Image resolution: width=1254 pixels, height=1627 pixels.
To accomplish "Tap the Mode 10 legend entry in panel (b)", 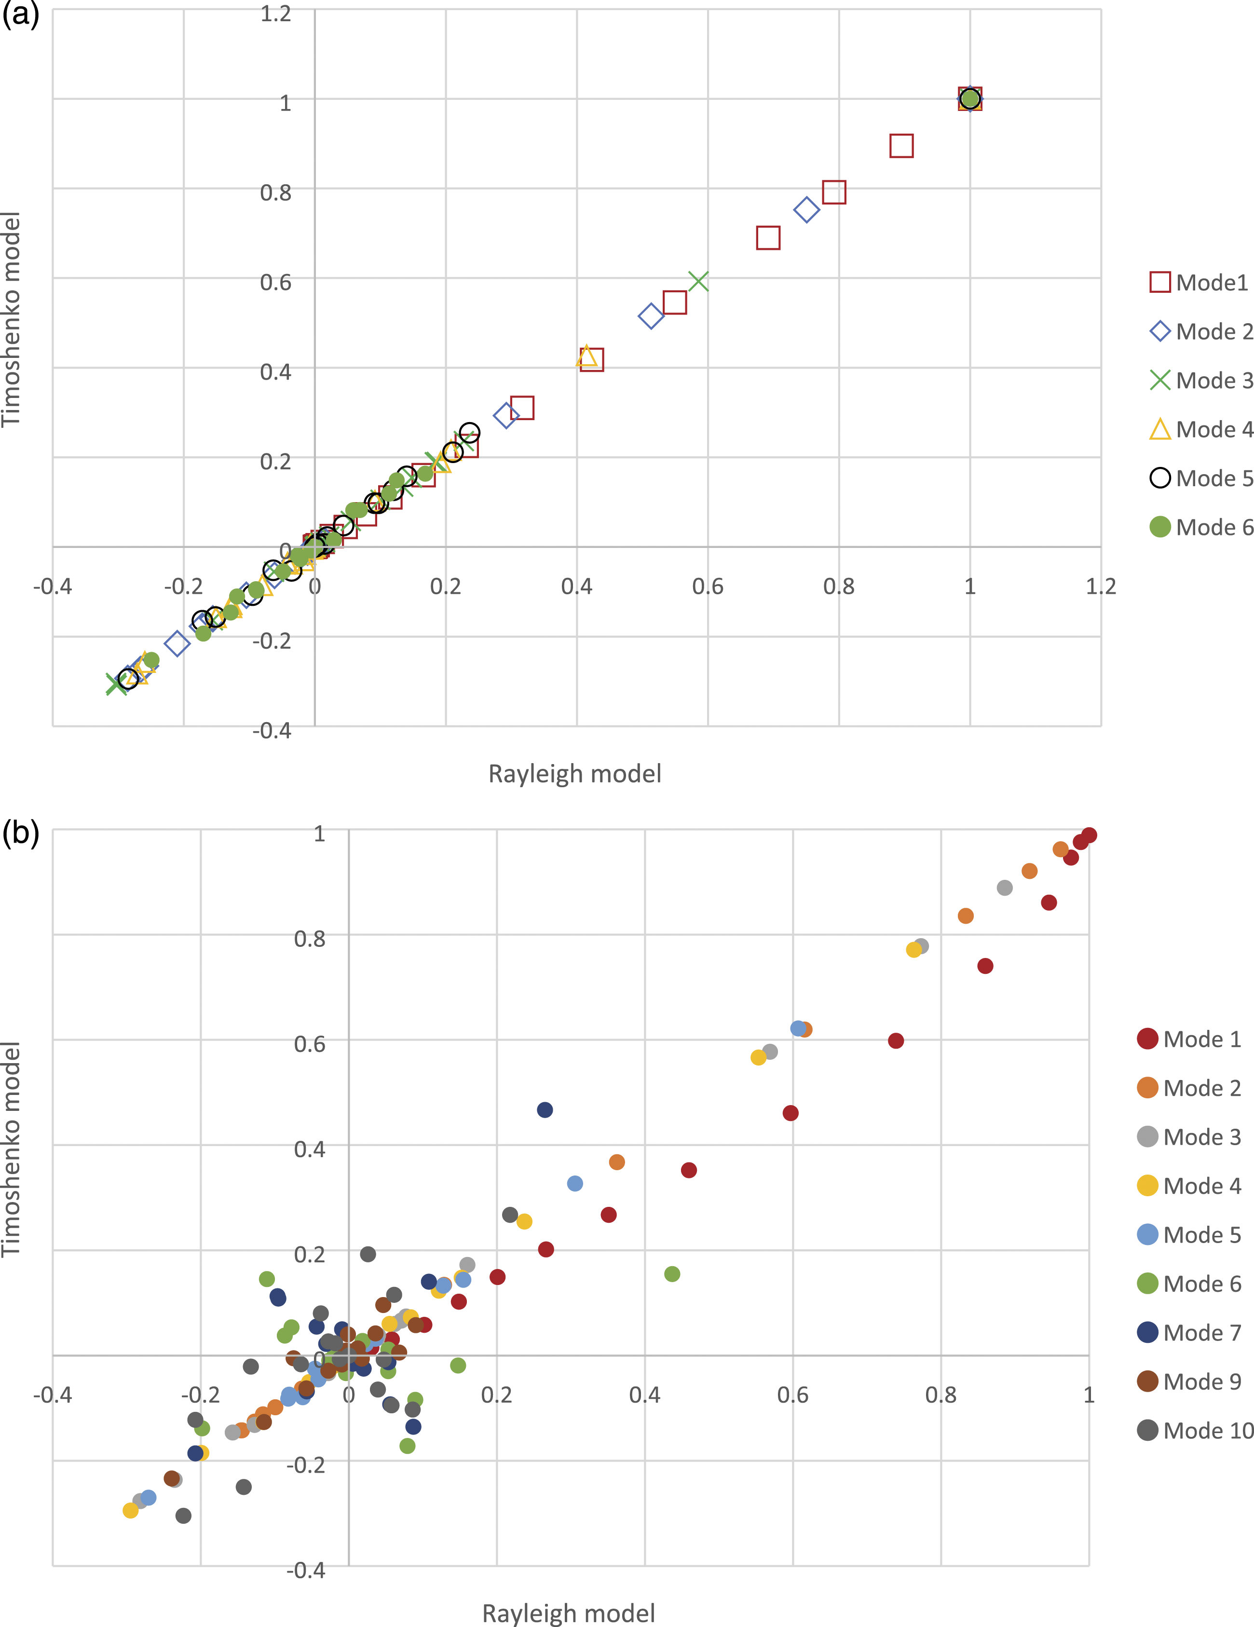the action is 1195,1430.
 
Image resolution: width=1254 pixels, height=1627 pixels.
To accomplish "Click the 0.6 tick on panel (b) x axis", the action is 793,1395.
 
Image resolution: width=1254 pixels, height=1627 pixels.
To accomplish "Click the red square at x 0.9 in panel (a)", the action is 901,146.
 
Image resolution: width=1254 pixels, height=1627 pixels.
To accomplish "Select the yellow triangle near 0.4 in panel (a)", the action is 587,357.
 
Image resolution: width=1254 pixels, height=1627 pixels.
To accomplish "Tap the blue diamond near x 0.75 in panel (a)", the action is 806,210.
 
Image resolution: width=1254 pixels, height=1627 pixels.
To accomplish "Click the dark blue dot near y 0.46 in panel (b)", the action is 545,1110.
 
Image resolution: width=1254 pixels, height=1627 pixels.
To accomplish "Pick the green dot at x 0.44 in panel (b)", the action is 672,1274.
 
